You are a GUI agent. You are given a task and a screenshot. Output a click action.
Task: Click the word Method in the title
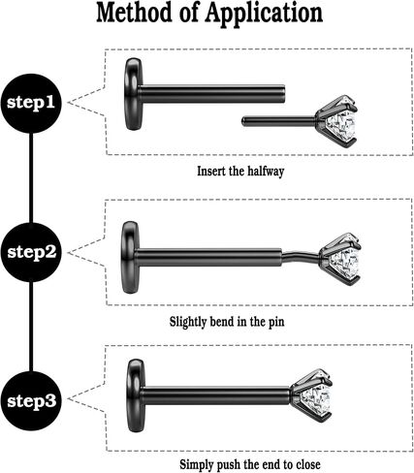pyautogui.click(x=134, y=13)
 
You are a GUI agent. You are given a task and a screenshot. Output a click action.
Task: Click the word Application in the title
pyautogui.click(x=265, y=14)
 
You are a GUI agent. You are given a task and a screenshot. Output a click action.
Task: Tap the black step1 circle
pyautogui.click(x=31, y=103)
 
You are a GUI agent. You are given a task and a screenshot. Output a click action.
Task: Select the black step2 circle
pyautogui.click(x=31, y=252)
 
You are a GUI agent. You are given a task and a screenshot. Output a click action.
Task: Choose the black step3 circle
pyautogui.click(x=31, y=401)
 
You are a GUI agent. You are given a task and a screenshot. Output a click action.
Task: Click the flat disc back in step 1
pyautogui.click(x=133, y=94)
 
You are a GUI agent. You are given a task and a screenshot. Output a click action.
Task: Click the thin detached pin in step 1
pyautogui.click(x=279, y=121)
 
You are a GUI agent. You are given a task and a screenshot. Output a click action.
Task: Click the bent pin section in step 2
pyautogui.click(x=302, y=256)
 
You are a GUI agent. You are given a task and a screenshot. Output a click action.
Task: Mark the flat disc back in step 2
pyautogui.click(x=130, y=258)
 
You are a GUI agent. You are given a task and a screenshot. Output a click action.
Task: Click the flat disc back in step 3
pyautogui.click(x=136, y=395)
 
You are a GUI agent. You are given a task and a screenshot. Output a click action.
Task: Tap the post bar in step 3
pyautogui.click(x=216, y=396)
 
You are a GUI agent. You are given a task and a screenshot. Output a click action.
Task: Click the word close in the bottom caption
pyautogui.click(x=308, y=464)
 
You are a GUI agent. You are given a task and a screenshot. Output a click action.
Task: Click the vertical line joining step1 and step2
pyautogui.click(x=31, y=178)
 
